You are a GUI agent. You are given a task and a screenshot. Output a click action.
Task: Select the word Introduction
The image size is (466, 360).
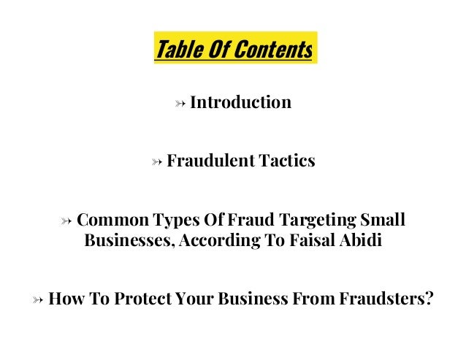pos(240,102)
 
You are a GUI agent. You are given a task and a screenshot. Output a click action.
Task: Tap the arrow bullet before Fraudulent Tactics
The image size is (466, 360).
pos(156,161)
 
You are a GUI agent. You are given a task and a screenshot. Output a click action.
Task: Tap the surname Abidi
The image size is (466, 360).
pos(363,240)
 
